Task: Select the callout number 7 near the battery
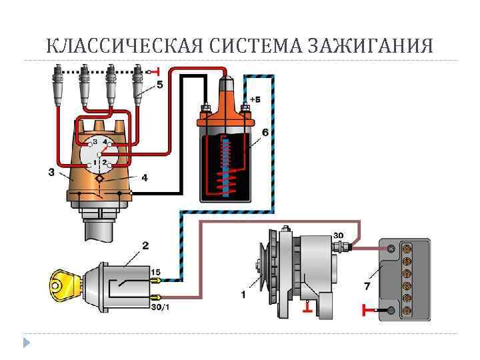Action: [x=367, y=286]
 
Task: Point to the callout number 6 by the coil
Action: [x=265, y=133]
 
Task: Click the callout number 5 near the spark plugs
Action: [x=160, y=85]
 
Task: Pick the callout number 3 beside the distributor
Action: [x=51, y=172]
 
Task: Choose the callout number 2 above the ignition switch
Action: [x=145, y=246]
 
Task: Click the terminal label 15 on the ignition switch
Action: [x=155, y=272]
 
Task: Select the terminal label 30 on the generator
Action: [x=338, y=235]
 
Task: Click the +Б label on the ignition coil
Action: [x=255, y=99]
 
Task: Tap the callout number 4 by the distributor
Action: [x=145, y=178]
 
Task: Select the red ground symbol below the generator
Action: [x=307, y=306]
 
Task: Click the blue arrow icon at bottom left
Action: [x=26, y=343]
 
